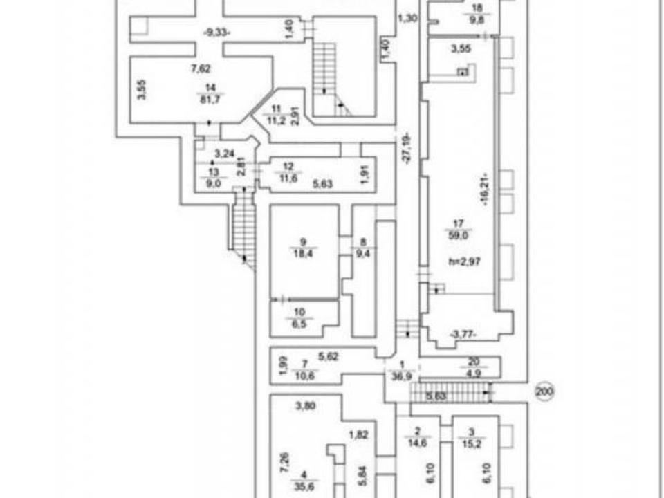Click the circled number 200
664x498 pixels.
pyautogui.click(x=544, y=392)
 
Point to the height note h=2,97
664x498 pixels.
pyautogui.click(x=463, y=262)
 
